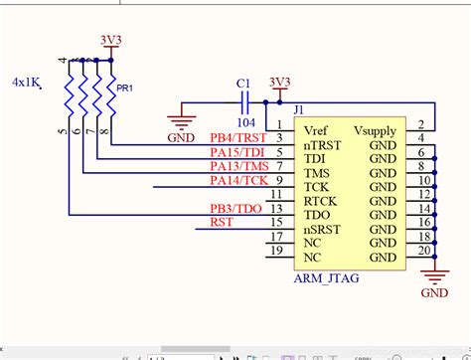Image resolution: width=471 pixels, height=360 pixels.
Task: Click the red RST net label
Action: [x=223, y=222]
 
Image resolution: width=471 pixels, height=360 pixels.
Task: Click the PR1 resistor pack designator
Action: [x=125, y=88]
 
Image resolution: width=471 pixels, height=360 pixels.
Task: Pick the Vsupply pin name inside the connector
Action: [x=376, y=130]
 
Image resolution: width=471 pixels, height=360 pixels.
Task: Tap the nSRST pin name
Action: [x=322, y=229]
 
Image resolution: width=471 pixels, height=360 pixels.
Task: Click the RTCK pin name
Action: [x=321, y=200]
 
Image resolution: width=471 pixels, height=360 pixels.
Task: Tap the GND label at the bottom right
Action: [x=435, y=293]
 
